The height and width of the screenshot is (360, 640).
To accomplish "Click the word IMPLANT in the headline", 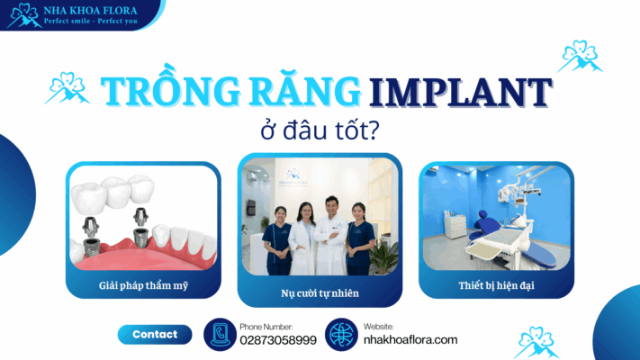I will [x=461, y=93].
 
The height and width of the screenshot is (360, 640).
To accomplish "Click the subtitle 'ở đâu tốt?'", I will [x=319, y=129].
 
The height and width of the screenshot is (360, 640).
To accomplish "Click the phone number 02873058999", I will [x=278, y=339].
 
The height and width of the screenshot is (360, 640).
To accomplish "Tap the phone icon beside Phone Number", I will [x=220, y=334].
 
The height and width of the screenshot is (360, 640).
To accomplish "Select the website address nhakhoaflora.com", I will [x=410, y=339].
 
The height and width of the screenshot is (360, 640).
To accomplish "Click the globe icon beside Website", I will [x=342, y=334].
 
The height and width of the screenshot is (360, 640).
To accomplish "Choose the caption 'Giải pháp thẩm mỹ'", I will [x=143, y=287].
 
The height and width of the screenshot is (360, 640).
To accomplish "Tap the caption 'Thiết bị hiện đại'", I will [x=496, y=287].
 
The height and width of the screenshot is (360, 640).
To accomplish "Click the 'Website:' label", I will [x=379, y=326].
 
